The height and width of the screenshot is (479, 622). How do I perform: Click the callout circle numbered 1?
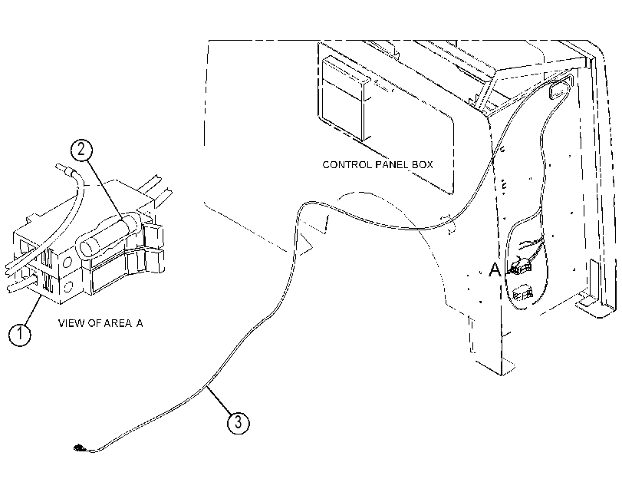pos(19,335)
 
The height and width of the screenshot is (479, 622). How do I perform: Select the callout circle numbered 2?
pos(81,150)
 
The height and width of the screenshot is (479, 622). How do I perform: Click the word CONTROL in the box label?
pos(347,165)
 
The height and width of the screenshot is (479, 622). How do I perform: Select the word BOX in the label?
pos(422,165)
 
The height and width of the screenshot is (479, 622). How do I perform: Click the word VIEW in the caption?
pos(71,323)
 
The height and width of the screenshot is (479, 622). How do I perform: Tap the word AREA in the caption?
pos(117,323)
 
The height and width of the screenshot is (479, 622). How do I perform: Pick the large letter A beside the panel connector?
pos(494,269)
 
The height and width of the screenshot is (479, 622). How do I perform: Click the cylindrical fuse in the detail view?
pos(108,234)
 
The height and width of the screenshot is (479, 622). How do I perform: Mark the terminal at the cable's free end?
pos(79,448)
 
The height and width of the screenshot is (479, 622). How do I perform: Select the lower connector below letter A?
pos(522,293)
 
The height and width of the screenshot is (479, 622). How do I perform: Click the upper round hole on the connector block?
pos(67,262)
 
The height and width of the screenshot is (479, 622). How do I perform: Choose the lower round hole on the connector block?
pos(68,286)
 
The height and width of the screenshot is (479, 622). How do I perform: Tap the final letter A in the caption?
pos(140,323)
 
